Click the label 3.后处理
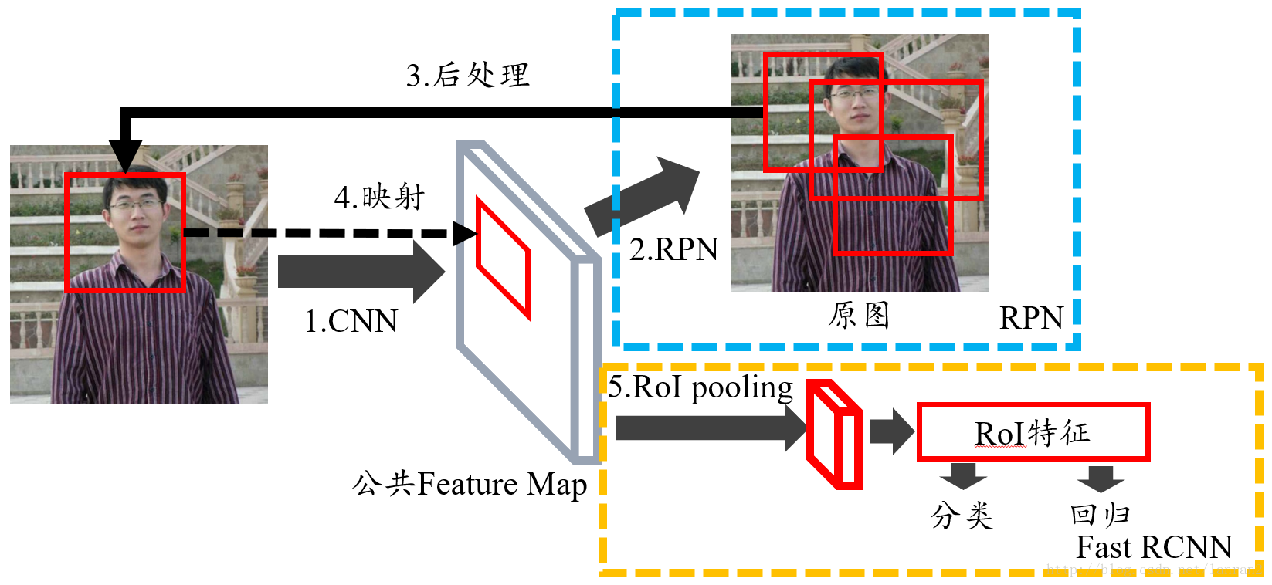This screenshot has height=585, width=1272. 468,76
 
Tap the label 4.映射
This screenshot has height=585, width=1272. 379,198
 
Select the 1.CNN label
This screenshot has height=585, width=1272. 351,321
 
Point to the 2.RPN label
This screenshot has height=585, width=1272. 673,249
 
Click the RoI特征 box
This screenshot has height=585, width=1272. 1033,432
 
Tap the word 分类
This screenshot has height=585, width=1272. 962,515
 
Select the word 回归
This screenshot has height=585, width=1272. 1100,514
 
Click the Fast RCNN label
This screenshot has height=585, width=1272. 1154,547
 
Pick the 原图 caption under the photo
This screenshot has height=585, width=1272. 859,315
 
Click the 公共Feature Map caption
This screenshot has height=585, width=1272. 470,485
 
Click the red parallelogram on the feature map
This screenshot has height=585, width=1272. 503,259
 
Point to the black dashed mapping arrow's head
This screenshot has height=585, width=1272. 466,233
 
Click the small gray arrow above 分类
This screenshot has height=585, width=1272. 962,475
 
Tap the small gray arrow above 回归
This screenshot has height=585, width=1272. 1100,478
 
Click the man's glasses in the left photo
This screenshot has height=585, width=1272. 135,205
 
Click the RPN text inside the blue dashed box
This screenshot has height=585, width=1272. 1031,318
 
